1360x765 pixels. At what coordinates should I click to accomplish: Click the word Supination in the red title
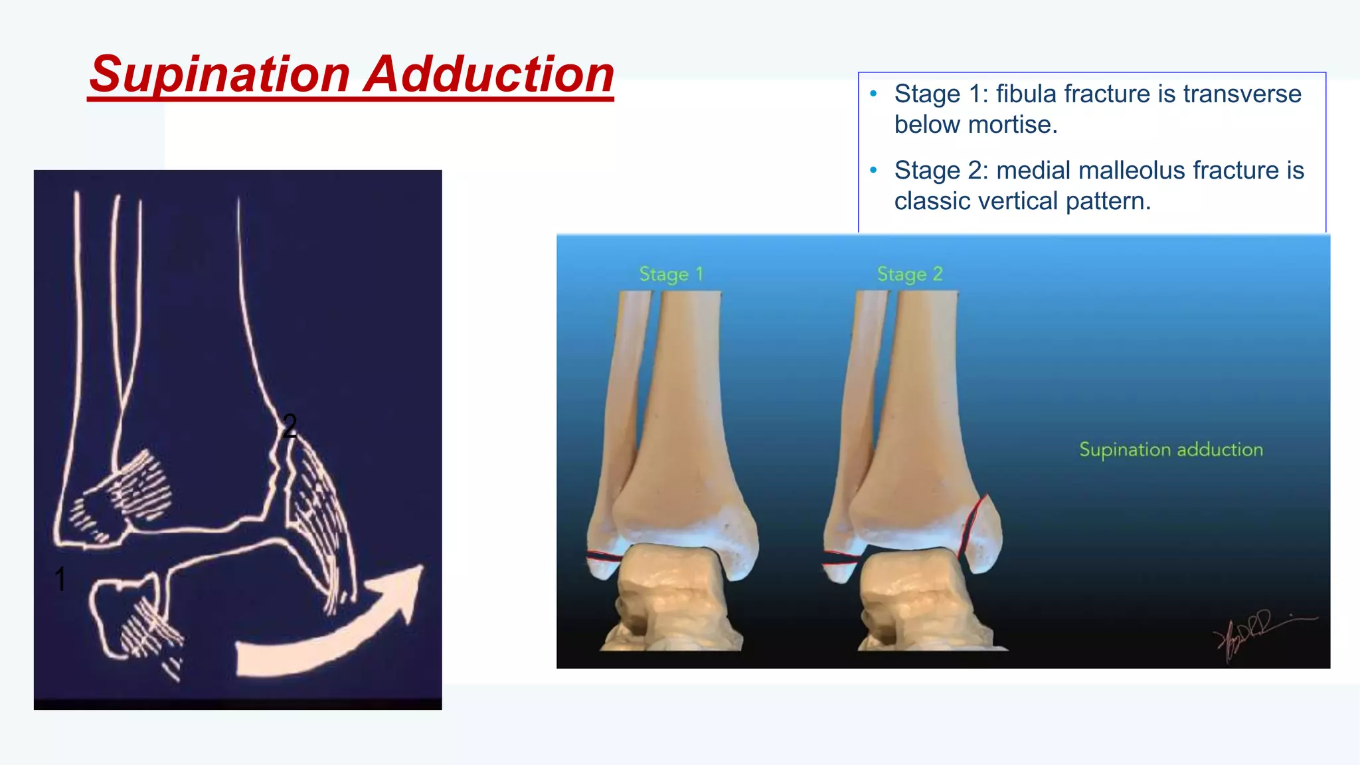tap(219, 74)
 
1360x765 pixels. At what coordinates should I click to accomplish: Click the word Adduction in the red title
tap(489, 74)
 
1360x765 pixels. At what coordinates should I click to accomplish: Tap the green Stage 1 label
tap(671, 274)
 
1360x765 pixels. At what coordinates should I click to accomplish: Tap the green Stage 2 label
tap(909, 274)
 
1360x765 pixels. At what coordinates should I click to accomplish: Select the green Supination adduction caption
tap(1171, 450)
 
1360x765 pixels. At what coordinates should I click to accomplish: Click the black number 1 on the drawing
tap(60, 578)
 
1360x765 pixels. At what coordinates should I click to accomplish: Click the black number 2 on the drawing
tap(290, 426)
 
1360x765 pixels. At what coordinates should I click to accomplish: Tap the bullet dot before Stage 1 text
tap(873, 94)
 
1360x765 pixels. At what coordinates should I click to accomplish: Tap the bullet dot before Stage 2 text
tap(873, 171)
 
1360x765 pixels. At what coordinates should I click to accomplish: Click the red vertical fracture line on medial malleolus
tap(972, 525)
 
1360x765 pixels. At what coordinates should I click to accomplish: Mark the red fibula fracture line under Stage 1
tap(603, 556)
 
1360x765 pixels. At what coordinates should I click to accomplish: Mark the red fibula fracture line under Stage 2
tap(840, 558)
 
